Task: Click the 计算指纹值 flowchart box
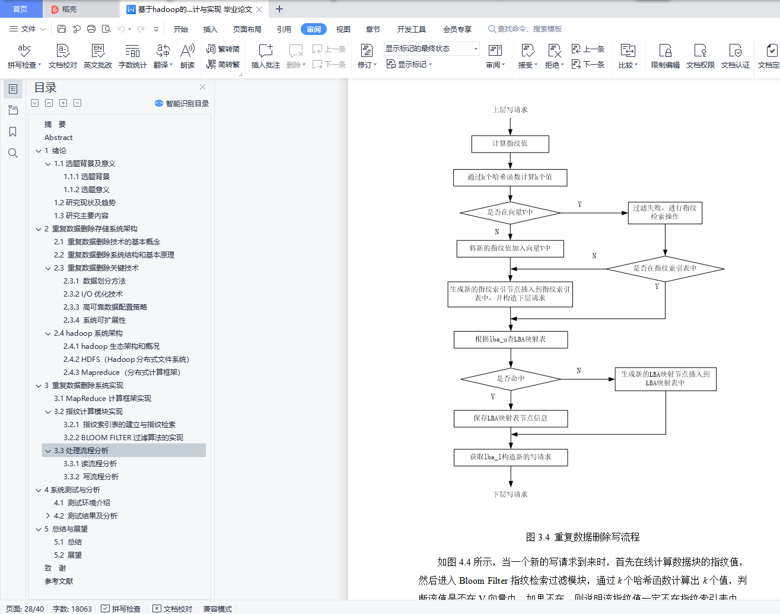[x=510, y=144]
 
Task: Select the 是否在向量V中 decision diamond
[x=510, y=212]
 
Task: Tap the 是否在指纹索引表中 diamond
[x=664, y=268]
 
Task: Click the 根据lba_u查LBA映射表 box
[x=510, y=339]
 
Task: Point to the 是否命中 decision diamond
[x=510, y=378]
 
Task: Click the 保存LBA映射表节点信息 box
[x=510, y=418]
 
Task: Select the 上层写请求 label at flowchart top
[x=510, y=110]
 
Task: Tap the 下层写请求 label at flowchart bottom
[x=510, y=494]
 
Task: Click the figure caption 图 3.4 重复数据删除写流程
[x=582, y=537]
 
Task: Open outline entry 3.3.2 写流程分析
[x=91, y=476]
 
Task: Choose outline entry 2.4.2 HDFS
[x=126, y=359]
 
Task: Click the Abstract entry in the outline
[x=58, y=137]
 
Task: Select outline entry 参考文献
[x=59, y=581]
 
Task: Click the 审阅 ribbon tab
[x=313, y=29]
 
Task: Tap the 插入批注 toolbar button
[x=265, y=56]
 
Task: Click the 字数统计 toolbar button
[x=132, y=56]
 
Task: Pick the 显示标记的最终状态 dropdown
[x=431, y=49]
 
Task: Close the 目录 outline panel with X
[x=202, y=87]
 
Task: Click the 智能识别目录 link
[x=182, y=103]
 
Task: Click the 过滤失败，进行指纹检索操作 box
[x=664, y=212]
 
